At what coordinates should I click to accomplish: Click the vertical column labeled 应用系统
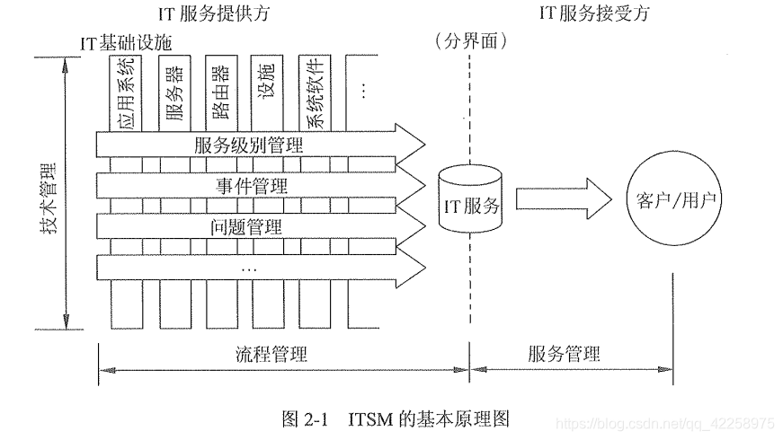click(125, 90)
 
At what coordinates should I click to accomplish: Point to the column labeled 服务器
click(176, 90)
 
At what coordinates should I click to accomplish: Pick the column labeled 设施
click(267, 90)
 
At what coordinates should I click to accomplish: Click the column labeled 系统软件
click(315, 90)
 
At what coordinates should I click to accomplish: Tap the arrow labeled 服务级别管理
click(261, 144)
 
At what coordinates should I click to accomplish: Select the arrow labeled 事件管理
click(261, 187)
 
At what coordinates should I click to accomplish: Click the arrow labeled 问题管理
click(261, 225)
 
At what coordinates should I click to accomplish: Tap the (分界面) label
click(470, 40)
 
